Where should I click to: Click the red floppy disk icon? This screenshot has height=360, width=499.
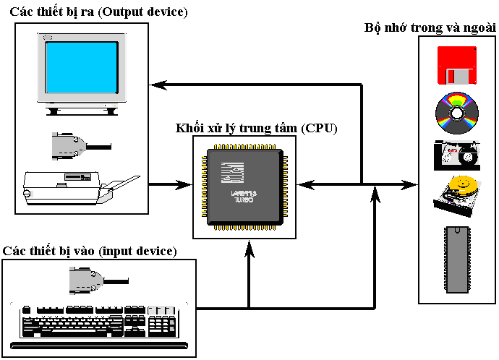coord(457,67)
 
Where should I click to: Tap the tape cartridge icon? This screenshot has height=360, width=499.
coord(456,155)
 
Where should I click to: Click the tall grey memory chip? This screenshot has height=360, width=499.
coord(456,259)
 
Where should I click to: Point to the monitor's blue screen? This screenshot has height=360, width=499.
coord(82,71)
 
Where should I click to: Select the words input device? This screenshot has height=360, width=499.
coord(138,251)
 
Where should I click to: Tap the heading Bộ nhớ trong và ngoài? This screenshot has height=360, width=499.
coord(430,27)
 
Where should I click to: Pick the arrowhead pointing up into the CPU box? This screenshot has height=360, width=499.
coord(249,249)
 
